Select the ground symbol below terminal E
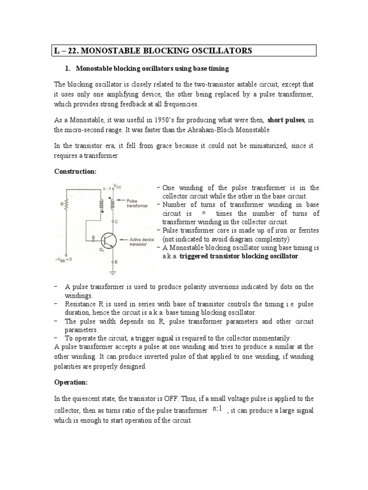coord(113,273)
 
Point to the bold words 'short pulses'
coord(285,120)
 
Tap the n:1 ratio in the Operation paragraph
coord(217,410)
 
